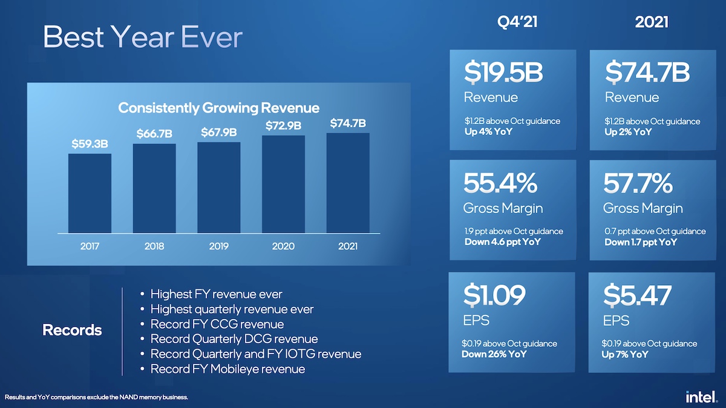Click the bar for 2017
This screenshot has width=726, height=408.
(x=90, y=193)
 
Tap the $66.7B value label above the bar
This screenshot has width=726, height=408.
(x=154, y=134)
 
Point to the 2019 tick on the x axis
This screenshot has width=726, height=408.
(x=218, y=246)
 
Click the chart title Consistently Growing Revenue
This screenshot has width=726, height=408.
(x=218, y=108)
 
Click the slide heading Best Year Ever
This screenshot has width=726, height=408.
(x=143, y=38)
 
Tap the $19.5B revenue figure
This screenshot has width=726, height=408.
(x=503, y=73)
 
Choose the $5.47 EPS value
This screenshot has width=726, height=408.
(x=637, y=295)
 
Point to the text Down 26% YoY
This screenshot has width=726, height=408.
(x=494, y=354)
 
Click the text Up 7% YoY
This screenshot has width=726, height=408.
(x=626, y=354)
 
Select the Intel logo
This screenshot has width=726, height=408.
(x=701, y=396)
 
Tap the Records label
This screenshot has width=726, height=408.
(x=72, y=331)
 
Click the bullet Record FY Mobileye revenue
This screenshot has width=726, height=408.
(x=227, y=369)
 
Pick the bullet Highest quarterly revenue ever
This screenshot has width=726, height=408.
(x=232, y=309)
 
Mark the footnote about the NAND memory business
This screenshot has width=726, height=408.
(x=97, y=397)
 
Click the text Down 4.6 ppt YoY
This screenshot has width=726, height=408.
(x=502, y=242)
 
